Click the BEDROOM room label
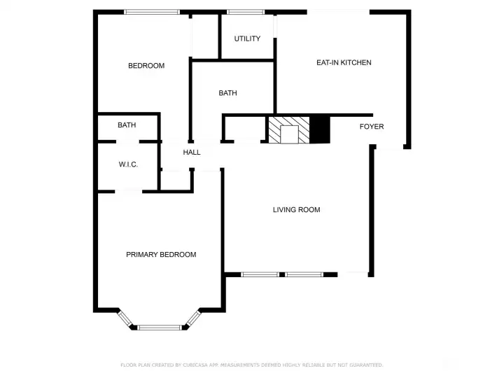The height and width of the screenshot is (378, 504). click(146, 66)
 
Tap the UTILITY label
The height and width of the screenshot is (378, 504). click(247, 38)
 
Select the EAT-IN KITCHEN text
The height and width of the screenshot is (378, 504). click(344, 63)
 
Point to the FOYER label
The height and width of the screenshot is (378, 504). click(372, 127)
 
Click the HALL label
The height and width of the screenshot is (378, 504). click(192, 152)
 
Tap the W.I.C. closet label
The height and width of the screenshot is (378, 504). click(128, 164)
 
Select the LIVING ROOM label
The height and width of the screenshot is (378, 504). click(296, 209)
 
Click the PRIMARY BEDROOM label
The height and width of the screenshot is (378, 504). click(161, 255)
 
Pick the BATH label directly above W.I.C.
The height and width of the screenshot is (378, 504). click(127, 125)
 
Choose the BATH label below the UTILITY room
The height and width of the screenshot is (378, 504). click(227, 93)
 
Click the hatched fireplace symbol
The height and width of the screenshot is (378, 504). click(288, 130)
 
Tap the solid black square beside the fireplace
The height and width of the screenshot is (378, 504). click(320, 129)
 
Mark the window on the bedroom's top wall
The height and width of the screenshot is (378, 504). click(152, 12)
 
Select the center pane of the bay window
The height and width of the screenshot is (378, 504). click(160, 327)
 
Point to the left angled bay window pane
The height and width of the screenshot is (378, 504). click(127, 318)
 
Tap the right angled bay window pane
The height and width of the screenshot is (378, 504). click(192, 318)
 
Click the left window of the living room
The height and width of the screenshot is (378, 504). click(260, 274)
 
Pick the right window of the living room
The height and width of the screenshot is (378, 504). click(303, 274)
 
